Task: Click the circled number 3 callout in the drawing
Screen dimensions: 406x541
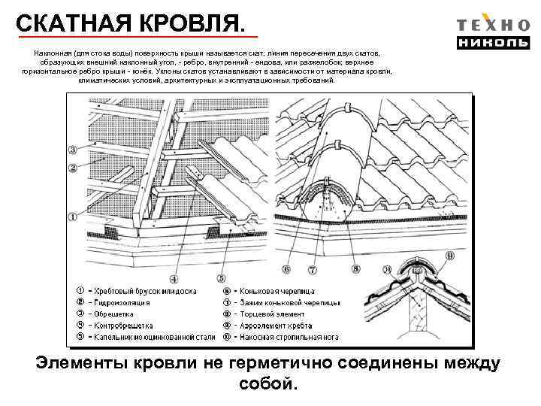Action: click(73, 149)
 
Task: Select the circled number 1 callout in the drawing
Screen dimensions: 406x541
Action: click(73, 216)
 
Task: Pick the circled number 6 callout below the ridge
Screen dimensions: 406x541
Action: click(286, 268)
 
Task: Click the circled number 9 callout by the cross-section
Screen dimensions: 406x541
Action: click(452, 255)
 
